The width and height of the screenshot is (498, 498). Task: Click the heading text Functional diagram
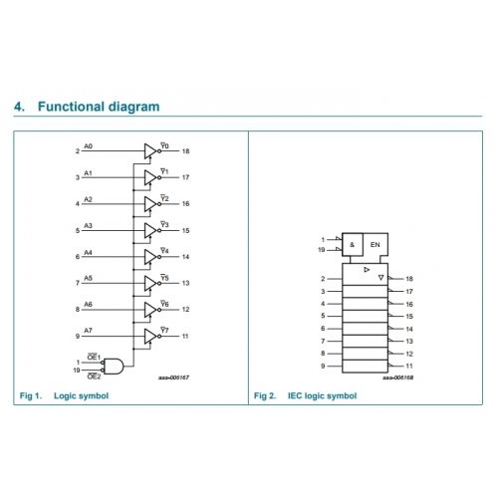(x=99, y=107)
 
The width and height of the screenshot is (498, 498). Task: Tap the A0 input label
(x=88, y=146)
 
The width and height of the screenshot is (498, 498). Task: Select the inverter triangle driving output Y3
(x=150, y=230)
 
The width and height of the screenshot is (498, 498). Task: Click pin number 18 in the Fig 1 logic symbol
(x=185, y=151)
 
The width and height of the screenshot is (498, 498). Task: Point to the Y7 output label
(x=164, y=330)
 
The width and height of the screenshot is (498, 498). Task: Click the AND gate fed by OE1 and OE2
(x=114, y=367)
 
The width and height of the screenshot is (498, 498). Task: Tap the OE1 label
(x=94, y=358)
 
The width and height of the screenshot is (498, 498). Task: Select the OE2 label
(x=94, y=376)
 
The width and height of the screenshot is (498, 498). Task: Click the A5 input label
(x=88, y=278)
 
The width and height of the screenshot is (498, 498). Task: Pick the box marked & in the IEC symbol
(x=353, y=244)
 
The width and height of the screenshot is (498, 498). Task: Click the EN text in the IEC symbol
(x=374, y=245)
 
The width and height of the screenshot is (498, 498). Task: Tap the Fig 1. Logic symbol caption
(x=64, y=395)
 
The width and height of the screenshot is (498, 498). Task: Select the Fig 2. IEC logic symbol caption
(x=305, y=395)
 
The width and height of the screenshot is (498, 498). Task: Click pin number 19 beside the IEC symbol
(x=321, y=250)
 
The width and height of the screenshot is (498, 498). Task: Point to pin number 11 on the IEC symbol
(x=409, y=366)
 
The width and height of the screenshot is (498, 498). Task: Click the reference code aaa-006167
(x=173, y=377)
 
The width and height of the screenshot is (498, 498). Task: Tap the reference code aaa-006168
(x=397, y=377)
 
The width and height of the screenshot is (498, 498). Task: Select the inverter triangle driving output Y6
(x=150, y=310)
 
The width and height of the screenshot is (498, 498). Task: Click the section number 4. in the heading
(x=19, y=107)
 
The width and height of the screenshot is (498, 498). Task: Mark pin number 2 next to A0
(x=78, y=151)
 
